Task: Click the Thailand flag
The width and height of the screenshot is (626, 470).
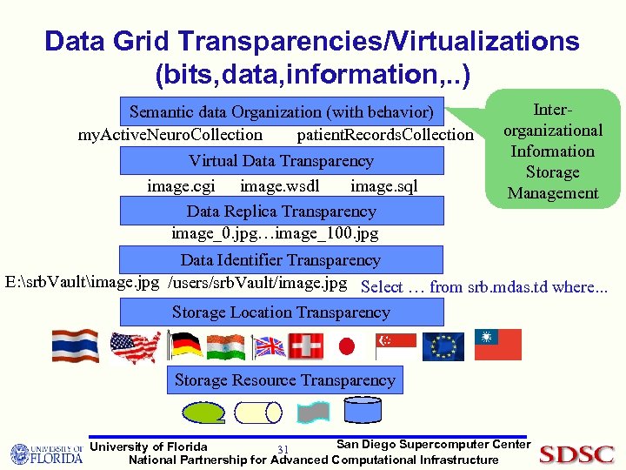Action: [x=75, y=346]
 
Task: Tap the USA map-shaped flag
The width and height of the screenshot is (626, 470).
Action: [x=135, y=346]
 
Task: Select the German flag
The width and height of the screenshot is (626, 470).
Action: [x=185, y=346]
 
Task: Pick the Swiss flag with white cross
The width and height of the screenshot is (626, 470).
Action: [x=306, y=346]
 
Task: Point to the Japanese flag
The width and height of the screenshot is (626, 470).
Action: [x=346, y=346]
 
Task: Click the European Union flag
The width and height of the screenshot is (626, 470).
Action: [x=443, y=346]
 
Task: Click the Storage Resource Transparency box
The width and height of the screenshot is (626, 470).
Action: [x=284, y=379]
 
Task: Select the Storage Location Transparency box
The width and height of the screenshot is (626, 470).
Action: [x=281, y=312]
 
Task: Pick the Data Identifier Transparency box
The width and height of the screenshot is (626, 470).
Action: [x=280, y=259]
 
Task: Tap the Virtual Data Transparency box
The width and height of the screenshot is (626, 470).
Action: [x=281, y=161]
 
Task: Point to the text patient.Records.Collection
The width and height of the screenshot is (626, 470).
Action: [x=385, y=135]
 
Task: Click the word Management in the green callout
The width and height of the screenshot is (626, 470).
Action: [x=553, y=192]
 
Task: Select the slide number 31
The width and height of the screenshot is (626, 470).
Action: [x=283, y=449]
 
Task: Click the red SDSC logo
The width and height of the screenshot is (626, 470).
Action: [x=576, y=453]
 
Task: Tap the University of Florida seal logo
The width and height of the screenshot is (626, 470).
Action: [x=22, y=454]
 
